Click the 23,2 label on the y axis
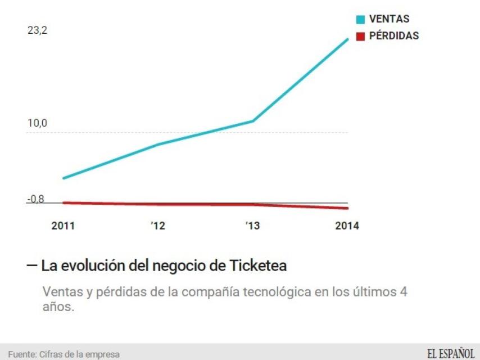point(37,31)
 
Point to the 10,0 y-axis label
point(37,123)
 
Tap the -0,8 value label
point(35,199)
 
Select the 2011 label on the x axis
point(63,226)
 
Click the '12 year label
point(158,226)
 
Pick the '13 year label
point(252,226)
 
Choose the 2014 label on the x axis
point(346,226)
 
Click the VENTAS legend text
point(389,20)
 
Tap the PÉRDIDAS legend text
point(394,36)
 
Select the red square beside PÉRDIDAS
point(361,37)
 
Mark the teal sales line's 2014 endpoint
point(348,39)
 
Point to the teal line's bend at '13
point(253,121)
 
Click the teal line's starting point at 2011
point(64,178)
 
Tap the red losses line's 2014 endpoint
point(348,208)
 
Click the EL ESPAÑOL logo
point(450,353)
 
